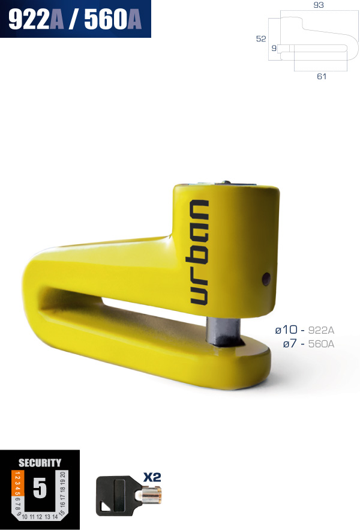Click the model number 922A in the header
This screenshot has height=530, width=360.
click(x=36, y=19)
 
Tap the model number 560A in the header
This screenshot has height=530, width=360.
click(x=113, y=19)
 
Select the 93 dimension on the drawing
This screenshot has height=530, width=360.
click(x=319, y=5)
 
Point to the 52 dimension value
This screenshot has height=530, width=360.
click(x=261, y=38)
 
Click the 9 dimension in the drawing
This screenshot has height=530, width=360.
click(x=274, y=48)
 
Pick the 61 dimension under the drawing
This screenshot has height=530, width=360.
click(x=322, y=76)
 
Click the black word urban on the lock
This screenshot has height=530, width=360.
click(x=199, y=252)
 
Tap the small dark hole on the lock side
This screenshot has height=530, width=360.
click(x=266, y=279)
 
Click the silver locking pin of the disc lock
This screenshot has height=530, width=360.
click(x=223, y=331)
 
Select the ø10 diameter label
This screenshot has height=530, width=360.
click(x=286, y=330)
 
